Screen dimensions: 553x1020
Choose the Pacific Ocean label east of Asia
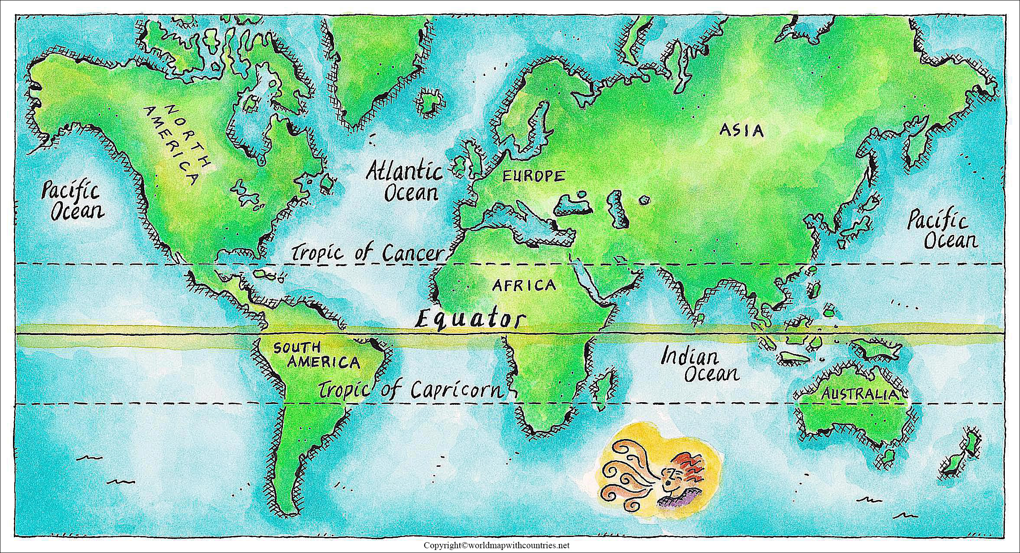click(943, 231)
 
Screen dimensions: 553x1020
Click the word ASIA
click(741, 130)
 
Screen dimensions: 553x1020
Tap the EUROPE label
click(533, 176)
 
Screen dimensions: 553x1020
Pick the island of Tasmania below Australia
click(888, 455)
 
